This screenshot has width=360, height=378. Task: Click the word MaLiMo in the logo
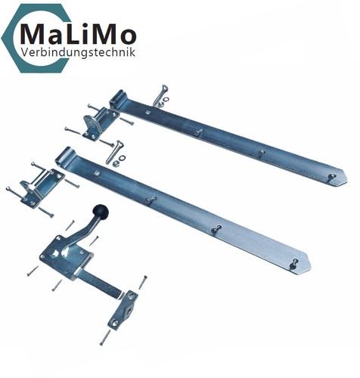(78, 34)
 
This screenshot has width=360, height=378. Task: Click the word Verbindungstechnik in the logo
(78, 52)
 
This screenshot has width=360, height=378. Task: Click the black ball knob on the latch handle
(101, 211)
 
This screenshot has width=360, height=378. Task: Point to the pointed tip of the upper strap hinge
(347, 180)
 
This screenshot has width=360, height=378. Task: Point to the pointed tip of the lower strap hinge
(311, 265)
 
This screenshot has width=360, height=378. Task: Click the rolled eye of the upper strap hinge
(118, 100)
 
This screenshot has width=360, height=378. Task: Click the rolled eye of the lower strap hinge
(64, 156)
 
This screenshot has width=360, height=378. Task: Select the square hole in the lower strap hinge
(96, 173)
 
